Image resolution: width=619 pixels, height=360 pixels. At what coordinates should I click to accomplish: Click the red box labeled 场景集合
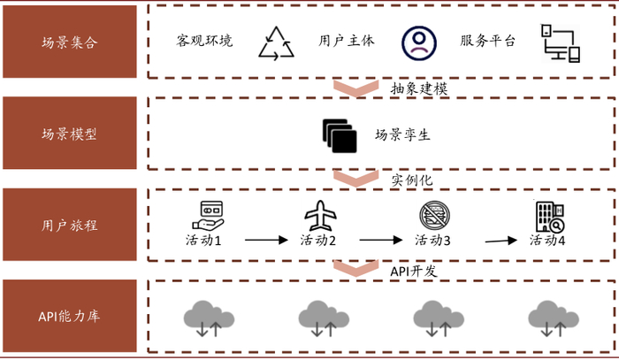[70, 42]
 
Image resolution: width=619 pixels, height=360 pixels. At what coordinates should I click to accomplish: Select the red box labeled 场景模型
[70, 134]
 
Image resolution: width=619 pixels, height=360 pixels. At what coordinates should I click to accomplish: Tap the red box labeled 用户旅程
[70, 225]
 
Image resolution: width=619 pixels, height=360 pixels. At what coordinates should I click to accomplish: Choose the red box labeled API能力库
[70, 317]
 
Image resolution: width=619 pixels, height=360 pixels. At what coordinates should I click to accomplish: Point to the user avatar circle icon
[418, 41]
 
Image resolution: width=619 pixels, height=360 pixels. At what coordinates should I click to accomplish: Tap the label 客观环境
[205, 41]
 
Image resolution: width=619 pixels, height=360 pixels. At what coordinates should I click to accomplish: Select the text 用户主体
[347, 41]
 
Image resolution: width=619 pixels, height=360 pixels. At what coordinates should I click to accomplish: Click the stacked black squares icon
[340, 134]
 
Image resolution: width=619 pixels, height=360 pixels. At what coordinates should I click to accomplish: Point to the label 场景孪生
[402, 134]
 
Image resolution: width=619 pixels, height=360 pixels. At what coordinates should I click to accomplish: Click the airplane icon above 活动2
[319, 215]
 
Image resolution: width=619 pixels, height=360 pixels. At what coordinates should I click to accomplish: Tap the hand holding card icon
[209, 214]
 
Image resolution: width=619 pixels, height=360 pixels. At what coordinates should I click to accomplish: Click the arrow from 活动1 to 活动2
[266, 240]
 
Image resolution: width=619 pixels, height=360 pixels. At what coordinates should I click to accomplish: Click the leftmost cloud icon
[206, 317]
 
